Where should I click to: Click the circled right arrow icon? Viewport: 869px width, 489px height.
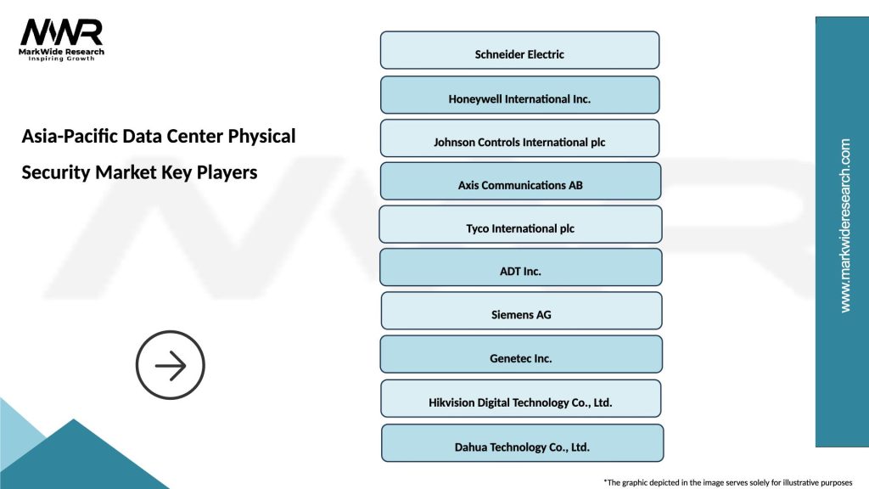[x=171, y=366]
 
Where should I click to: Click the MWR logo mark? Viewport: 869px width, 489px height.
[x=62, y=32]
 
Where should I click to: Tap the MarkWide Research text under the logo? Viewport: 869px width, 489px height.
[x=62, y=52]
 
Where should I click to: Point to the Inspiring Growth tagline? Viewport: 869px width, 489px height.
[x=62, y=59]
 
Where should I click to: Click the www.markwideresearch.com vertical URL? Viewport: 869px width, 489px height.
[x=844, y=226]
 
